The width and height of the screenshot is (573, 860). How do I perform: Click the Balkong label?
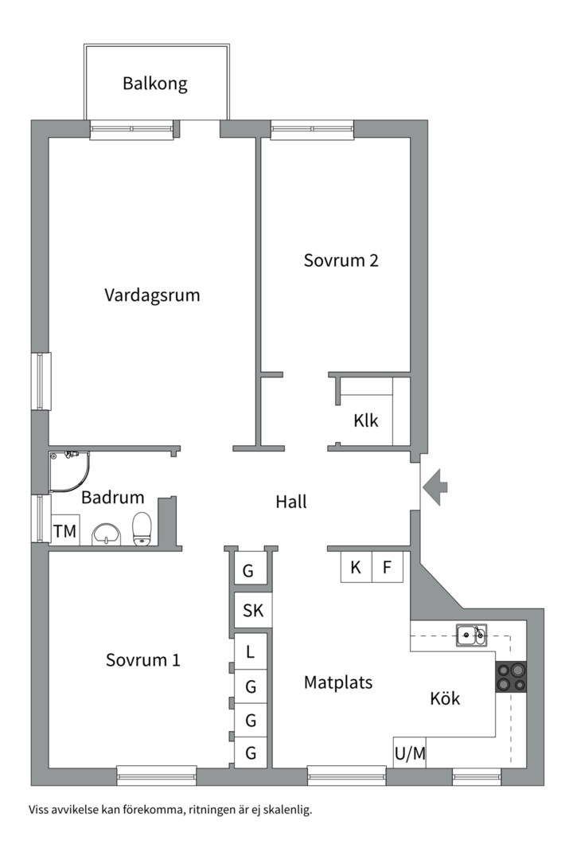(155, 84)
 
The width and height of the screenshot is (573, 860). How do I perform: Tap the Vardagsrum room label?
(152, 295)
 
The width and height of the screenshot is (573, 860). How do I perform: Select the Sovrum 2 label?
(341, 260)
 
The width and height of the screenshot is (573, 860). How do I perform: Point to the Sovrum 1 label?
(143, 660)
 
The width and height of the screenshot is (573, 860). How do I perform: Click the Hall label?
(290, 502)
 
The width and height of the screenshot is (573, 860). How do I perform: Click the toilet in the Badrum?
(142, 528)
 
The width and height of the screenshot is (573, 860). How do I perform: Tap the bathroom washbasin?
(104, 534)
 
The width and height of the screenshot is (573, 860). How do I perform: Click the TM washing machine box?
(64, 532)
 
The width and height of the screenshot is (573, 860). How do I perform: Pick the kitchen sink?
(471, 634)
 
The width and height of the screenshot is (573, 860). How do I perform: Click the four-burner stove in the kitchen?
(511, 677)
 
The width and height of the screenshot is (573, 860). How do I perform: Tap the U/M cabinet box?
(410, 753)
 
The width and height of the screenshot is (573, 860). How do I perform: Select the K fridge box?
(356, 568)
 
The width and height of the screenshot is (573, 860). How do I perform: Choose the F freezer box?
(388, 568)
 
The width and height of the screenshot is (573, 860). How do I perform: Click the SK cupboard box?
(252, 611)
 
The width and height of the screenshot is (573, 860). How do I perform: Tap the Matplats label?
(338, 682)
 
